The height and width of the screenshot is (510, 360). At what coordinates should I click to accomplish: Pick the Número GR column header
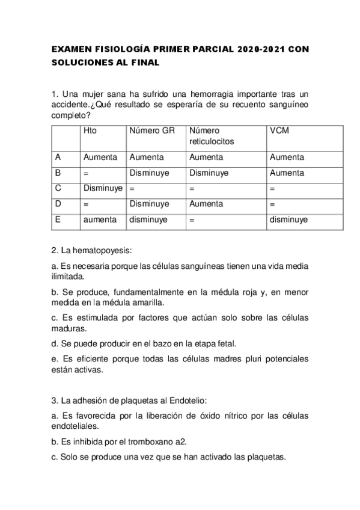tap(151, 131)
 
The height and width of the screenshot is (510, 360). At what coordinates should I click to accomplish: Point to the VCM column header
tap(278, 131)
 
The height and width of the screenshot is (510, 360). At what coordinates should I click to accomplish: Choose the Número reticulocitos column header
tap(211, 136)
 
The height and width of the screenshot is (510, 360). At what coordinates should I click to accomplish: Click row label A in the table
tap(58, 157)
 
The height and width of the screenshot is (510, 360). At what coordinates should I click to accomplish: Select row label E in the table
tap(58, 220)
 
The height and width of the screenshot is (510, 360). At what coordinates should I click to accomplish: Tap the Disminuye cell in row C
tap(103, 188)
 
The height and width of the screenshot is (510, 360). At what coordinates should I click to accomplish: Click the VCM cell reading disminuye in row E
tap(288, 220)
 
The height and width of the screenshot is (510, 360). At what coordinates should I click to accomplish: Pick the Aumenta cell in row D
tap(206, 204)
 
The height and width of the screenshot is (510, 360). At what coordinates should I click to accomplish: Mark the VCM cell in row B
tap(286, 173)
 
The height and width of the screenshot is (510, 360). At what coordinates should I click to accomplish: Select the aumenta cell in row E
tap(100, 220)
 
